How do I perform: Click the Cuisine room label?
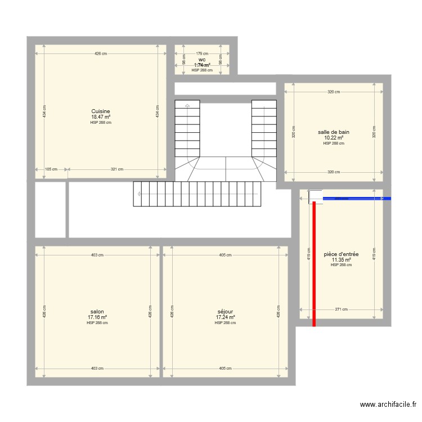pyautogui.click(x=101, y=111)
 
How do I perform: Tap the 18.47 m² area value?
pyautogui.click(x=101, y=116)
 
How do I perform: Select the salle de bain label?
pyautogui.click(x=334, y=132)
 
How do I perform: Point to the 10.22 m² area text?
pyautogui.click(x=334, y=137)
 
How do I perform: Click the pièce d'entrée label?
pyautogui.click(x=341, y=254)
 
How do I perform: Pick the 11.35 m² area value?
pyautogui.click(x=341, y=260)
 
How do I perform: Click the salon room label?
pyautogui.click(x=97, y=312)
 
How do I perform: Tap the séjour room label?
pyautogui.click(x=225, y=312)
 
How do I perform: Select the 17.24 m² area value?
pyautogui.click(x=225, y=317)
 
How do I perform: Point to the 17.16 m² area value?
pyautogui.click(x=97, y=317)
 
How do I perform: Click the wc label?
pyautogui.click(x=201, y=59)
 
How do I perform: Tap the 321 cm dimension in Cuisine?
pyautogui.click(x=117, y=169)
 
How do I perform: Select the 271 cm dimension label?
pyautogui.click(x=341, y=309)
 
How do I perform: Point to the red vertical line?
pyautogui.click(x=314, y=264)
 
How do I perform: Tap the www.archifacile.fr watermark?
pyautogui.click(x=388, y=405)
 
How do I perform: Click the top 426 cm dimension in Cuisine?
pyautogui.click(x=101, y=54)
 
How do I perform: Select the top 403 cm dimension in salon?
pyautogui.click(x=97, y=255)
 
